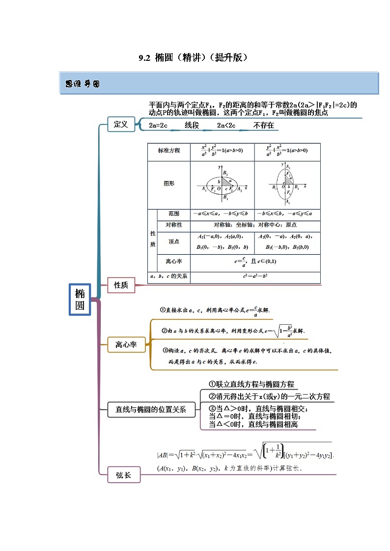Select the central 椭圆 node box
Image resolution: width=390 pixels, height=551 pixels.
click(x=80, y=299)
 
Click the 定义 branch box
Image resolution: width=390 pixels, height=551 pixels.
click(x=120, y=125)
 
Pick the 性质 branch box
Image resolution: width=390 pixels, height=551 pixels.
click(x=121, y=285)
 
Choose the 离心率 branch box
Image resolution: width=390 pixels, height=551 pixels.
click(x=126, y=345)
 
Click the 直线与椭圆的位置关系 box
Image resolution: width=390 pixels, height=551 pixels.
click(x=151, y=410)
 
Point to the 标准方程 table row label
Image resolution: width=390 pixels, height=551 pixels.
click(x=169, y=151)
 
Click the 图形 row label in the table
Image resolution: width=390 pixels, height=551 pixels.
click(x=169, y=184)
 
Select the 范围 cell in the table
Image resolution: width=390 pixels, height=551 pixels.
click(x=173, y=214)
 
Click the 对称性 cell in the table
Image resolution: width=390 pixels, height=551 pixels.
click(x=173, y=225)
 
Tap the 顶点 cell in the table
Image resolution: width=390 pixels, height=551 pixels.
click(x=173, y=241)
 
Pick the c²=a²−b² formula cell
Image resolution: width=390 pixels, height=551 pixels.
click(x=255, y=276)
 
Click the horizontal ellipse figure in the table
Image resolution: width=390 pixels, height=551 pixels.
click(x=223, y=184)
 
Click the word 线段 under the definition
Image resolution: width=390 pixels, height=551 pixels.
click(x=192, y=126)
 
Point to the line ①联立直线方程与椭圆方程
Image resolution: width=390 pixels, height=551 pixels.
click(x=251, y=384)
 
